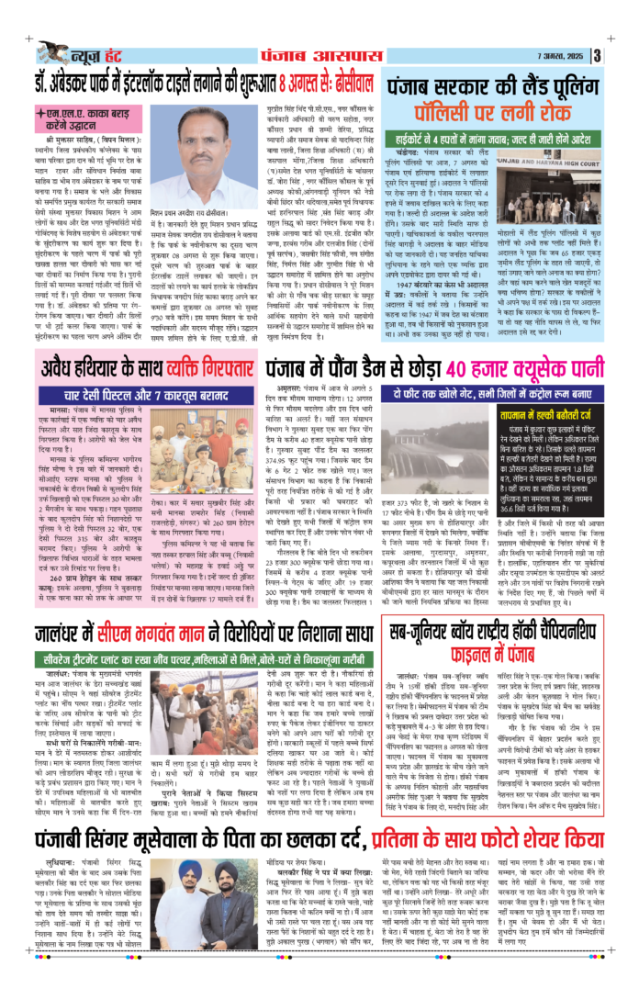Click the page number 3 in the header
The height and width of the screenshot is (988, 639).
(x=597, y=56)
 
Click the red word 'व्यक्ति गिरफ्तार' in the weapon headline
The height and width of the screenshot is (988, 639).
(x=206, y=347)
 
